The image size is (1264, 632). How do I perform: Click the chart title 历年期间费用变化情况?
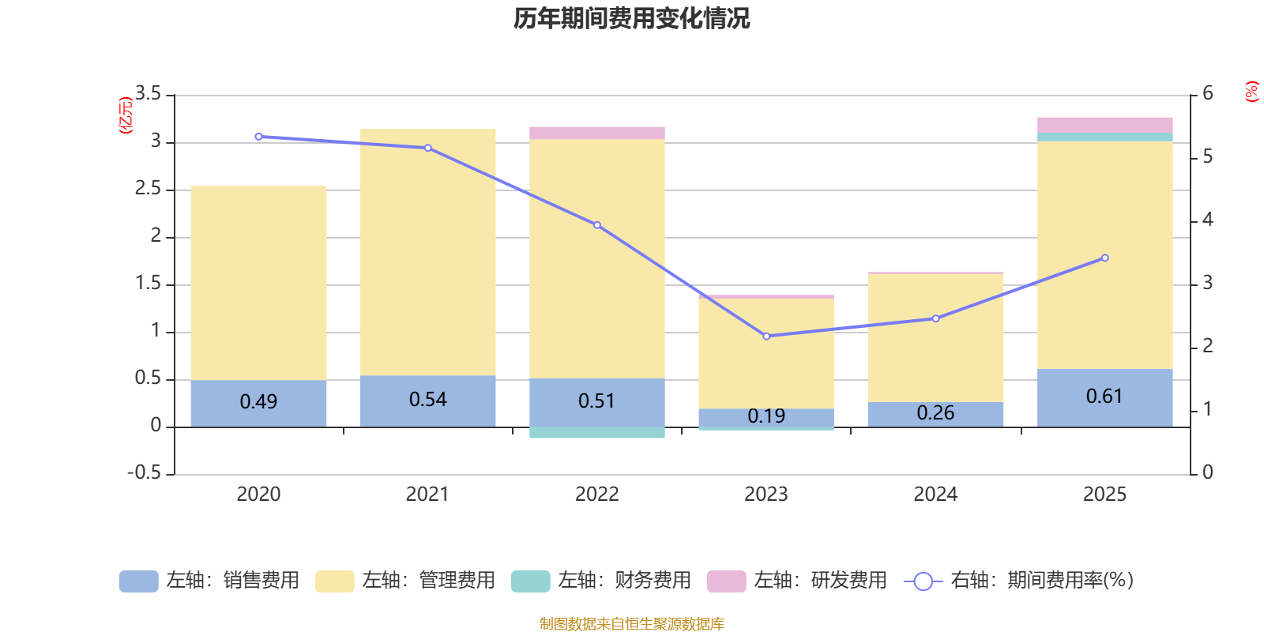click(x=631, y=18)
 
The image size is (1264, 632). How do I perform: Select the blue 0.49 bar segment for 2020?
click(x=258, y=403)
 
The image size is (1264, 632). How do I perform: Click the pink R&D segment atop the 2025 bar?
click(x=1104, y=125)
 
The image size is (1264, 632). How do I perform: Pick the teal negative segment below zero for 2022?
click(x=596, y=432)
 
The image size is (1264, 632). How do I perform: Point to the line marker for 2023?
click(x=766, y=337)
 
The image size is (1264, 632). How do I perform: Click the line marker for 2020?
click(x=258, y=137)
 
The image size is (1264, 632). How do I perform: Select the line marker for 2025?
click(x=1104, y=258)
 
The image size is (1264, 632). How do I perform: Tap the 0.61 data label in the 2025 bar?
click(x=1104, y=397)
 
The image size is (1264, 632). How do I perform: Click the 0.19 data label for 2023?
click(x=766, y=416)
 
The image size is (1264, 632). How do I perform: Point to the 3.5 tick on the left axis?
click(x=148, y=94)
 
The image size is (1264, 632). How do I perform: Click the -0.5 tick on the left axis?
click(x=145, y=472)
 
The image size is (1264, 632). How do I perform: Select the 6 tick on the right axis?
click(x=1207, y=94)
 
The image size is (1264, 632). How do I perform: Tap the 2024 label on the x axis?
click(x=935, y=495)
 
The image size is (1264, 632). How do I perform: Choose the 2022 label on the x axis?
click(x=596, y=495)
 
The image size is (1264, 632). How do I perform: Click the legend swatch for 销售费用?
click(x=138, y=581)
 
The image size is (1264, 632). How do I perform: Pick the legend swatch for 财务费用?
click(x=530, y=581)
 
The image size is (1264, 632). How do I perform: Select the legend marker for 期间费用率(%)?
click(x=923, y=581)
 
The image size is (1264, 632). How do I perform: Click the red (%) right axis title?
click(x=1251, y=92)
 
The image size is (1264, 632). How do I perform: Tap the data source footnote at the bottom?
click(x=631, y=624)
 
